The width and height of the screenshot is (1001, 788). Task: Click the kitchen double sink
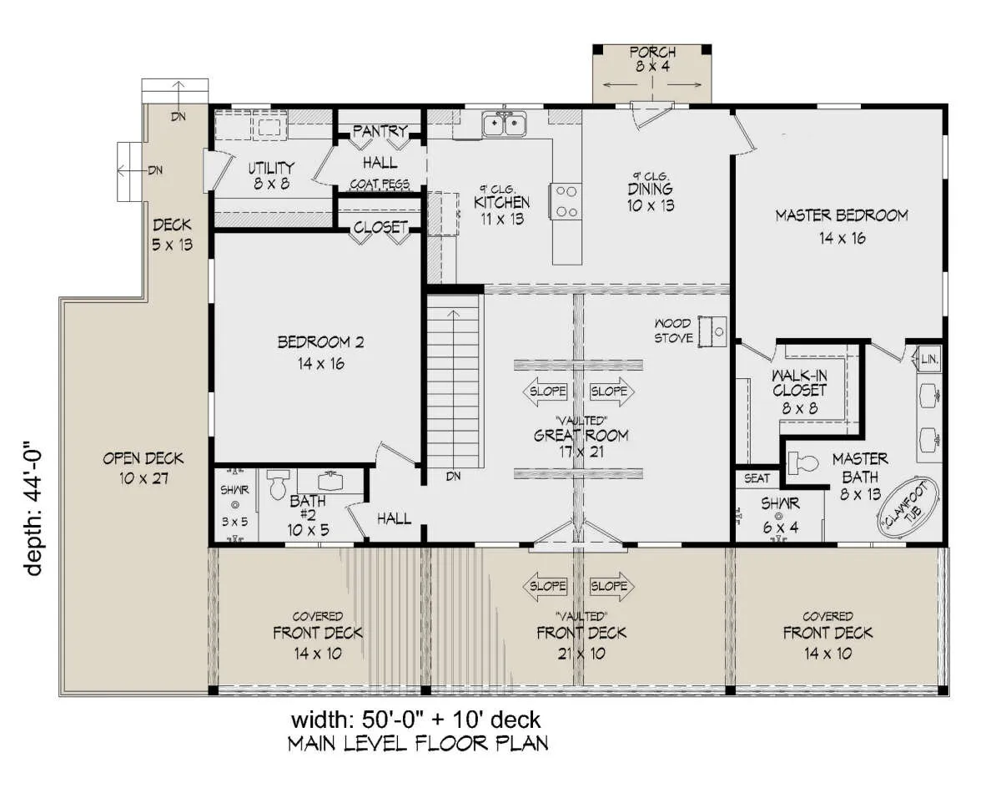coord(504,124)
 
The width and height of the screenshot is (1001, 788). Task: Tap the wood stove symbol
coord(712,332)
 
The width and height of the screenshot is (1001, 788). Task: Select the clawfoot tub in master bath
coord(908,508)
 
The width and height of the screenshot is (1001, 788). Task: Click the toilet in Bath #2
coord(278,484)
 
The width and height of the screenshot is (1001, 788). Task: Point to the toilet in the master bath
coord(803,463)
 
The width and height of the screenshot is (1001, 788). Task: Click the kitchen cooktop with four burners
coord(566,201)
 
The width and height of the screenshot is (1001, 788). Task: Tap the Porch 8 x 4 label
coord(652,59)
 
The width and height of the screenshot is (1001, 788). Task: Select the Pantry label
coord(380,131)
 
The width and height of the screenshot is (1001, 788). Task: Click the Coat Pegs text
coord(380,184)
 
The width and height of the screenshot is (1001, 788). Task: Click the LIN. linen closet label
coord(930,359)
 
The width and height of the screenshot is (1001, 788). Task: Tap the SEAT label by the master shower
coord(757,478)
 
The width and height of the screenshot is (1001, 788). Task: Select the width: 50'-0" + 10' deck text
coord(416,720)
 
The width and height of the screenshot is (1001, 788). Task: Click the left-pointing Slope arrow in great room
coord(546,391)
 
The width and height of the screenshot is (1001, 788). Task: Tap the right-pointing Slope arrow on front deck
coord(612,585)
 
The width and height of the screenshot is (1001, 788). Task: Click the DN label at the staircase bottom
coord(453,476)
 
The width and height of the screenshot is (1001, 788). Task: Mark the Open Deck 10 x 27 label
coord(143,468)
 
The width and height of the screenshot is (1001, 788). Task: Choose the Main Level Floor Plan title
coord(418,743)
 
